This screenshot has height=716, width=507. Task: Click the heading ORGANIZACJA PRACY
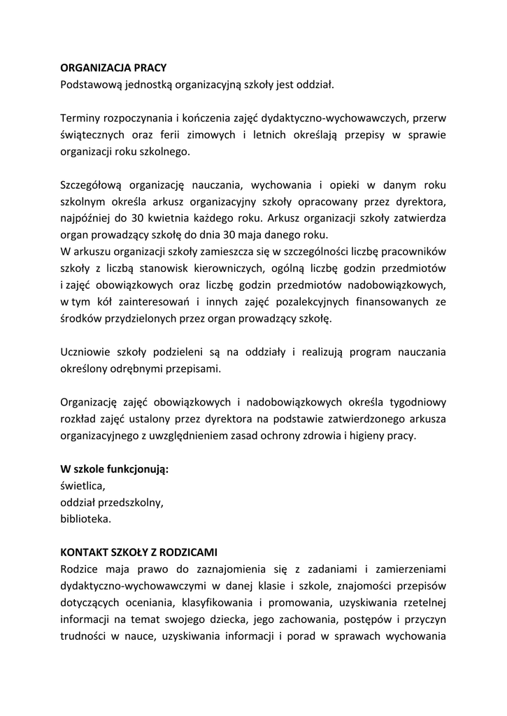(113, 69)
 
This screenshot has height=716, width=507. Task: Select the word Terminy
(81, 118)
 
